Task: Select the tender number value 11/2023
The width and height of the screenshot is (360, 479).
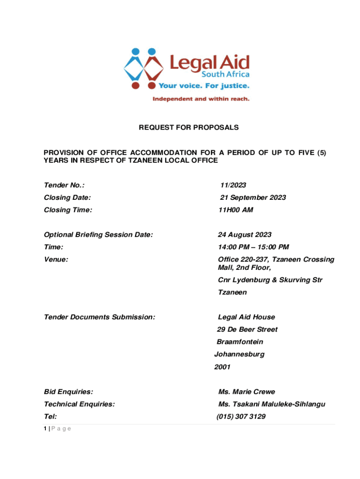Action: click(x=233, y=185)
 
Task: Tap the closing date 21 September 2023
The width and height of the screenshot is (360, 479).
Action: click(x=253, y=197)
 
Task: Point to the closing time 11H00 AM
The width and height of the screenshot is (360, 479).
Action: click(x=236, y=210)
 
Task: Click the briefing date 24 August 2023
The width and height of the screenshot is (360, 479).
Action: click(x=245, y=235)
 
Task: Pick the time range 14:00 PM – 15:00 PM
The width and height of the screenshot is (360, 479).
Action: click(x=253, y=247)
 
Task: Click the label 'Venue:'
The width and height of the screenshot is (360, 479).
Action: click(x=56, y=259)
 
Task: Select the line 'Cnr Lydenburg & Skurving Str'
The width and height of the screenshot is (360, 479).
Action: click(x=270, y=280)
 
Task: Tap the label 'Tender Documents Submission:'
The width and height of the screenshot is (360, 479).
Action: click(x=99, y=317)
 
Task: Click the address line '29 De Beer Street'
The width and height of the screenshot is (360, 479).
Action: click(x=247, y=329)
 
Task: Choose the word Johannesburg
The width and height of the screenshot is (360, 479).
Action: click(x=239, y=354)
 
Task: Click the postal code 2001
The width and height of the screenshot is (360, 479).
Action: click(x=222, y=367)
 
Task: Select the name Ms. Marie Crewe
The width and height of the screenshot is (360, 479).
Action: click(x=246, y=392)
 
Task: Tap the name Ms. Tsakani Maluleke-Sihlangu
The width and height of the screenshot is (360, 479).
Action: click(x=272, y=404)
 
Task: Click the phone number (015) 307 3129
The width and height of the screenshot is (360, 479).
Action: click(x=241, y=416)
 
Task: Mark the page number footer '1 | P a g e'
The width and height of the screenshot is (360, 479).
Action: click(x=57, y=429)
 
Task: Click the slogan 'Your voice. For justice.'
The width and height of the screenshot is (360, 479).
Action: click(x=204, y=86)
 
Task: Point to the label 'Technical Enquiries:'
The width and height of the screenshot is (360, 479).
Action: click(x=79, y=404)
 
